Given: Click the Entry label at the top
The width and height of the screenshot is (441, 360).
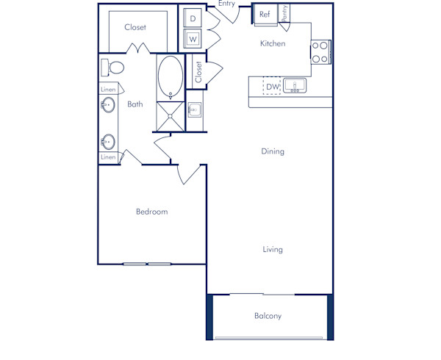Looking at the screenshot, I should coord(226,4).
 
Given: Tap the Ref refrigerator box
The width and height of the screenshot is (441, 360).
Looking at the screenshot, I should coord(265,14).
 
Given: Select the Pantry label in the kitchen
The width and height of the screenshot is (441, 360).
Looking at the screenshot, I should coord(284,13).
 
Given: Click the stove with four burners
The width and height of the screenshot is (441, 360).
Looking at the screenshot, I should coord(320,51).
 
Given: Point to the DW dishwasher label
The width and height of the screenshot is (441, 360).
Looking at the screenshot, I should coord(273,87).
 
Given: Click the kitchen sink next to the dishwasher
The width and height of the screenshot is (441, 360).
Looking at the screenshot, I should coord(295,87).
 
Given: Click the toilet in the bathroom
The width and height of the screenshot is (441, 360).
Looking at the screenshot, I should coord(113,68).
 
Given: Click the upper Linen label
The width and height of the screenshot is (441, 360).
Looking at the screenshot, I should coord(108,90).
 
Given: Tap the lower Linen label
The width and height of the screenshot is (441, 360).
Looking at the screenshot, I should coord(108,157).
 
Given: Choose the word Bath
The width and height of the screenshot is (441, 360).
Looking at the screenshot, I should coord(135,104).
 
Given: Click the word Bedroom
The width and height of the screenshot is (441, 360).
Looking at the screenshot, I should coord(151,212).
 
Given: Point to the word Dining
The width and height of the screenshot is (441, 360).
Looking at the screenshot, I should coord(273,151).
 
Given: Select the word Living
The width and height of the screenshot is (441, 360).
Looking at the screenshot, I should coord(273,250).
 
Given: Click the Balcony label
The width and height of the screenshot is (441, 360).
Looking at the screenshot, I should coord(268,317).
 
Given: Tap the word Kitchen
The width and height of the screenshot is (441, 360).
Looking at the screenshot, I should coord(273,43).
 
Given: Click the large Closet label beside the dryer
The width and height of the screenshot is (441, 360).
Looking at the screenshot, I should coord(135,27).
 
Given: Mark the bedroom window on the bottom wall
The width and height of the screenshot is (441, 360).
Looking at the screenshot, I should coord(147,264).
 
